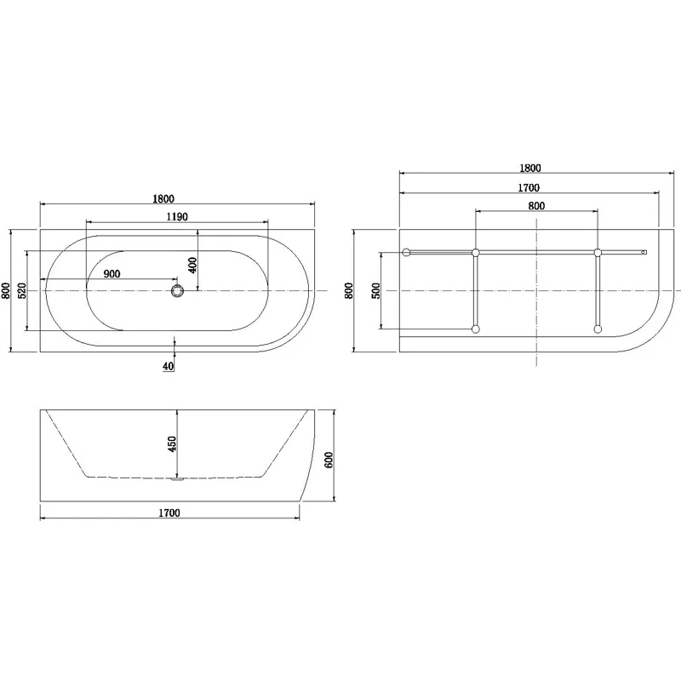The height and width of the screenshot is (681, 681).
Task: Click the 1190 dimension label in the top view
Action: click(x=175, y=217)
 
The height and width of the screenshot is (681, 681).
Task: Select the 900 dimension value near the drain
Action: click(x=112, y=274)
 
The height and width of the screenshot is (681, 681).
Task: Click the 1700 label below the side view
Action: click(x=169, y=513)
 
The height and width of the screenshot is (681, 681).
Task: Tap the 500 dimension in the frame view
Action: click(x=375, y=290)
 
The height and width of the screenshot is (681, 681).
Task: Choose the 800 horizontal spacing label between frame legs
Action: click(x=536, y=205)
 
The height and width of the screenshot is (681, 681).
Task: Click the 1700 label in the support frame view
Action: click(x=528, y=187)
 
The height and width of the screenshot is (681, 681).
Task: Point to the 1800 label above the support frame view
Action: click(x=529, y=169)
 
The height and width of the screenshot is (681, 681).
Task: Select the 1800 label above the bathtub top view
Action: click(x=175, y=199)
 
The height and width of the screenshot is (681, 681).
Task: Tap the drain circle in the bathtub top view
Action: click(x=177, y=291)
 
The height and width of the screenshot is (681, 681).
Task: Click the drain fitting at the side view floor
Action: click(x=176, y=480)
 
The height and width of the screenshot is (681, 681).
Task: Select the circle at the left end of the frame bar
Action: click(x=407, y=253)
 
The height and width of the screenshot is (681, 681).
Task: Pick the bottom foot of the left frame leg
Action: click(x=476, y=329)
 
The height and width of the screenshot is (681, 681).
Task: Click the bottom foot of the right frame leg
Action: click(x=598, y=329)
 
